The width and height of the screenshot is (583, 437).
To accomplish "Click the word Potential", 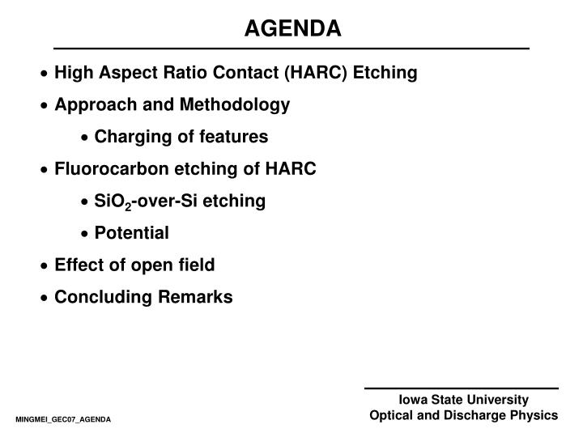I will tap(131, 233).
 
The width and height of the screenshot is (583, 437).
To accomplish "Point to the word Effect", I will tap(79, 265).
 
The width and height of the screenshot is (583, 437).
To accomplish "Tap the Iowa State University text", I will tap(463, 400).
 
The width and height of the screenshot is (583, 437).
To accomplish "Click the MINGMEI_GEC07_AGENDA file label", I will tap(62, 421).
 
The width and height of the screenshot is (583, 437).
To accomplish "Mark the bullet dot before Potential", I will tap(86, 234).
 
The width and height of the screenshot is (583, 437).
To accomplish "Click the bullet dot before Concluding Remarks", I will tap(45, 298).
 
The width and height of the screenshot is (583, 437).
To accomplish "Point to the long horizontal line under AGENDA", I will tap(291, 49).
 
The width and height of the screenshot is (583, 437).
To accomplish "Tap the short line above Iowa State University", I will tap(461, 389).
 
